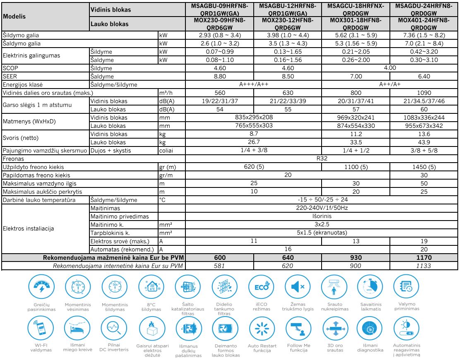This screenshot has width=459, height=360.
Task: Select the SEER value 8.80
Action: tap(219, 77)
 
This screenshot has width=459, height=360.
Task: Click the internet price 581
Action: tap(219, 265)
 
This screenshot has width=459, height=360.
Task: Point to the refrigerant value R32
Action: tap(322, 158)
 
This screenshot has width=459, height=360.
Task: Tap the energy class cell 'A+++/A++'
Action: tap(253, 84)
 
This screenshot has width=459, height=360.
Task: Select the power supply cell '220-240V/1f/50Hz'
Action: tap(322, 207)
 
